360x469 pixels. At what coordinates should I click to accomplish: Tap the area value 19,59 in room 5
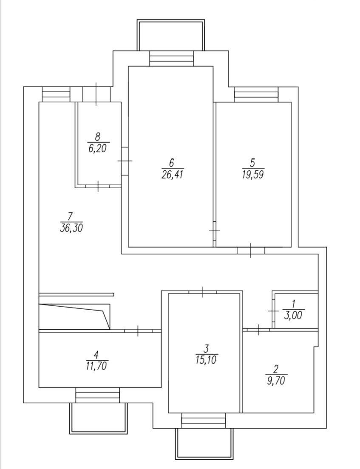pyautogui.click(x=253, y=174)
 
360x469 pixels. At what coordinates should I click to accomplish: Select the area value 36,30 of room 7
pyautogui.click(x=71, y=228)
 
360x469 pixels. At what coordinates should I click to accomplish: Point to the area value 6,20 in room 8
pyautogui.click(x=98, y=149)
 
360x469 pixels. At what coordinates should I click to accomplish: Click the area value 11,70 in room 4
pyautogui.click(x=96, y=365)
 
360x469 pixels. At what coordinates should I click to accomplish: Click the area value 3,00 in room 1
pyautogui.click(x=294, y=315)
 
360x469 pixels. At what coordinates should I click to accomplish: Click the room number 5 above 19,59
pyautogui.click(x=252, y=163)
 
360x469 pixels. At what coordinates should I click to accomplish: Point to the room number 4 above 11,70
pyautogui.click(x=96, y=354)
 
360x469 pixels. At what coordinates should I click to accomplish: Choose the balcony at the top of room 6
pyautogui.click(x=171, y=35)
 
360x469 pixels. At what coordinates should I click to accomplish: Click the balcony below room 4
pyautogui.click(x=99, y=418)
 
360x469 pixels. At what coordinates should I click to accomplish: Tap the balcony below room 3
pyautogui.click(x=204, y=444)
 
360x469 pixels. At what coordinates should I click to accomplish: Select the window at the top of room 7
pyautogui.click(x=56, y=94)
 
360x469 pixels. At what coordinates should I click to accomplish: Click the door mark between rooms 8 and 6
pyautogui.click(x=125, y=161)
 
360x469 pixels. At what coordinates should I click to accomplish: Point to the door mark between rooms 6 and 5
pyautogui.click(x=215, y=230)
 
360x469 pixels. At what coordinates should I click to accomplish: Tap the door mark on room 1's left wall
pyautogui.click(x=272, y=311)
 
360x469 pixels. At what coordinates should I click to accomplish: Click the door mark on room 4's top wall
pyautogui.click(x=138, y=330)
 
